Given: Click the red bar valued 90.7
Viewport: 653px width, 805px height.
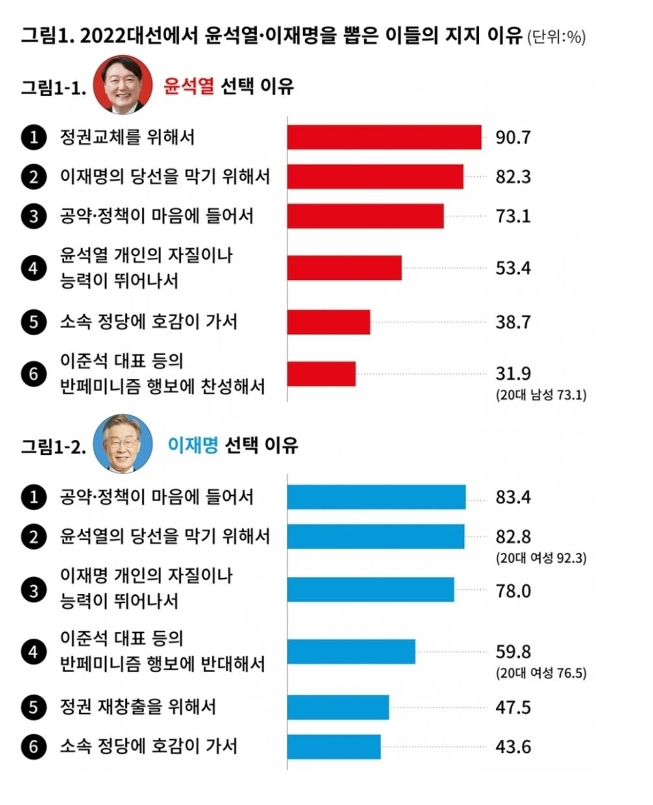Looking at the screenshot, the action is click(384, 137).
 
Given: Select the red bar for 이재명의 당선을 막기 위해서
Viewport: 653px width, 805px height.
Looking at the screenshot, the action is click(375, 177).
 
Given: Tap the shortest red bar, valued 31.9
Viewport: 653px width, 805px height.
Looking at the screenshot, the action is click(321, 374).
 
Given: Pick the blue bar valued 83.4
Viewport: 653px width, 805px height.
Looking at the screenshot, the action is click(376, 497).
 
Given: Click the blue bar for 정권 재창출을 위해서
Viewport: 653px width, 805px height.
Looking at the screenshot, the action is click(338, 707).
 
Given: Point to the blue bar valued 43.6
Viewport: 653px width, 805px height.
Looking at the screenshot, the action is click(334, 747).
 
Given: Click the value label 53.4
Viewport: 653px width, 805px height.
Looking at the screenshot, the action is click(513, 268).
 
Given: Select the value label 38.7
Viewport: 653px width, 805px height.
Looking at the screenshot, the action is click(513, 322).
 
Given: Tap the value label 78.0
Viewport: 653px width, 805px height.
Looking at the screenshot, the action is click(513, 591).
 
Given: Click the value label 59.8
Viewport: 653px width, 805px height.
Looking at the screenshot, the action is click(513, 652).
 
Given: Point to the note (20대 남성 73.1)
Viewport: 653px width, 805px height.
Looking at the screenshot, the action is click(541, 395).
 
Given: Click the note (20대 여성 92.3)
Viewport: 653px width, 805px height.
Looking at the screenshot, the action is click(541, 558).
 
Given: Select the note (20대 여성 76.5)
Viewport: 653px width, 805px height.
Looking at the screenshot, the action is click(541, 672).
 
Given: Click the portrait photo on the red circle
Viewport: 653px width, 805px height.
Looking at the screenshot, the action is click(123, 84).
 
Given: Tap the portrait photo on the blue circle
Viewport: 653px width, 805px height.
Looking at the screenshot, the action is click(123, 443).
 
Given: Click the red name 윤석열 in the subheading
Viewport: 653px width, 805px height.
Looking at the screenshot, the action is click(188, 86).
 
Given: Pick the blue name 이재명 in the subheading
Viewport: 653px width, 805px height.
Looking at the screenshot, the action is click(193, 445).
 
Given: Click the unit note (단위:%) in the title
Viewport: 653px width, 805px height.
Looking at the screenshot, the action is click(556, 37).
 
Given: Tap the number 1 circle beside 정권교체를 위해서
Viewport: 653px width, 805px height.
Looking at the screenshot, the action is click(34, 137).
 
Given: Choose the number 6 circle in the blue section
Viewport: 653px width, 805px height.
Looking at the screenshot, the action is click(34, 747).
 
